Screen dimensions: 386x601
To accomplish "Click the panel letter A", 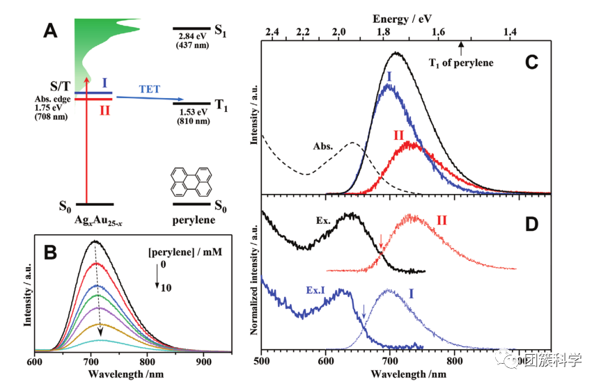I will tap(51, 31).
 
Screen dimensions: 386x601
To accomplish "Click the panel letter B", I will tap(51, 253).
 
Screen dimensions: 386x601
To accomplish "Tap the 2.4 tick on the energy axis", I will tap(272, 33).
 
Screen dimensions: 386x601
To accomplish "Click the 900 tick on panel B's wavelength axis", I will tap(203, 362).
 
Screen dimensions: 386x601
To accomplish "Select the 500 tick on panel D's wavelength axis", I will tap(262, 362).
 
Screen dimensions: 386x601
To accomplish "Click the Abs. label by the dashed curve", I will tap(322, 147).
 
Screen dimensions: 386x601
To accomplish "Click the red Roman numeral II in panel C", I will tap(399, 134).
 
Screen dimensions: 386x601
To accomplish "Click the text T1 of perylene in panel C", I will tap(460, 63).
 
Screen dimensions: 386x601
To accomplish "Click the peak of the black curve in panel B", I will tap(94, 241).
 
